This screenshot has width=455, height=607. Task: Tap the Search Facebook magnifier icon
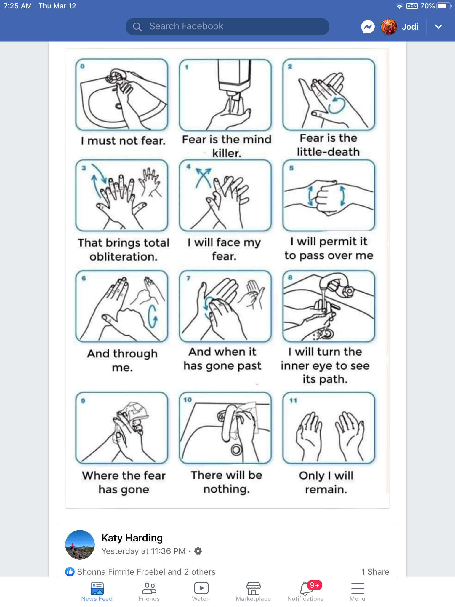pyautogui.click(x=137, y=27)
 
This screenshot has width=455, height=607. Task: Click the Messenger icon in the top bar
pyautogui.click(x=368, y=27)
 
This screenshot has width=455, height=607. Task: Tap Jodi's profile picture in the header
pyautogui.click(x=389, y=27)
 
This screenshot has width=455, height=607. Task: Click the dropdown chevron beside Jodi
pyautogui.click(x=438, y=27)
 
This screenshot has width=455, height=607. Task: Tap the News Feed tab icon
pyautogui.click(x=97, y=588)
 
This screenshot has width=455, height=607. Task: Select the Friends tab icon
pyautogui.click(x=149, y=588)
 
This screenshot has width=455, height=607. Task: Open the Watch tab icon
pyautogui.click(x=201, y=588)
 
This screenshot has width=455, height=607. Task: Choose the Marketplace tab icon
pyautogui.click(x=253, y=588)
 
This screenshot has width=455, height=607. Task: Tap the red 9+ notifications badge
pyautogui.click(x=314, y=585)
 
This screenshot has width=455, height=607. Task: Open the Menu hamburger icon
pyautogui.click(x=358, y=589)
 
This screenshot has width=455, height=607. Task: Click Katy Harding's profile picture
pyautogui.click(x=80, y=545)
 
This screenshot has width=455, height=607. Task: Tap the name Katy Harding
pyautogui.click(x=132, y=538)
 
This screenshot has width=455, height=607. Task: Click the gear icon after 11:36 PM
pyautogui.click(x=198, y=551)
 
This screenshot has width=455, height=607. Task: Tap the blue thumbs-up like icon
pyautogui.click(x=70, y=572)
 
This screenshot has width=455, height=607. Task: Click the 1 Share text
pyautogui.click(x=375, y=572)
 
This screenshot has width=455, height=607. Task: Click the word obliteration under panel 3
pyautogui.click(x=124, y=257)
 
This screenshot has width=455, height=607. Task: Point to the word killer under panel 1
pyautogui.click(x=227, y=153)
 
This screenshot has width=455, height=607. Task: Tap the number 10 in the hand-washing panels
pyautogui.click(x=188, y=400)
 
